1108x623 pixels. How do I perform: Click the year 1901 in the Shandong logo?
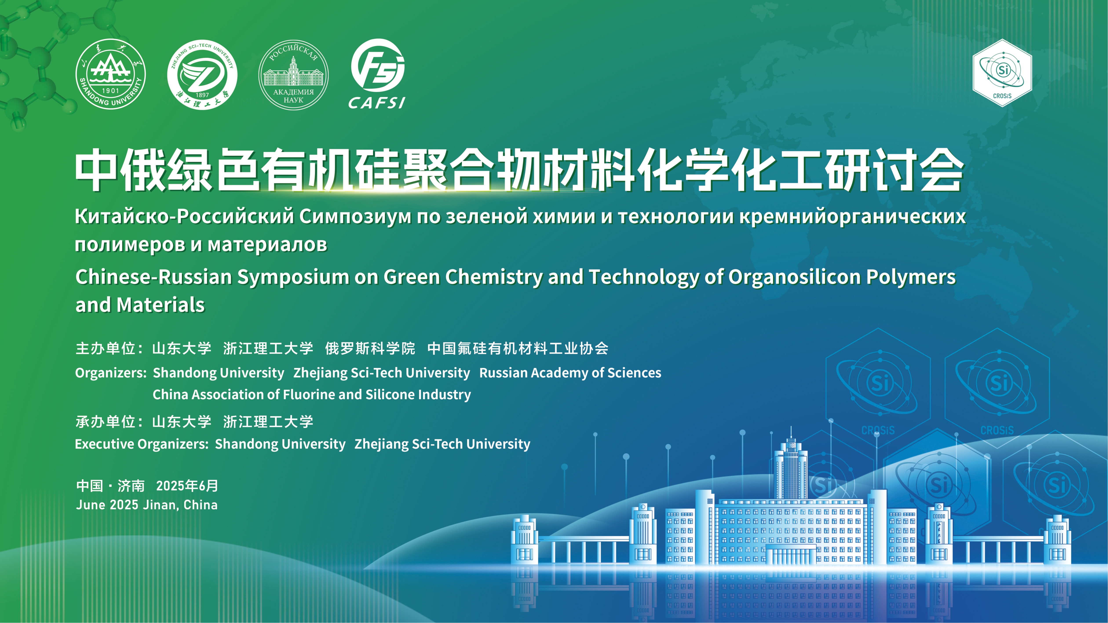coord(111,91)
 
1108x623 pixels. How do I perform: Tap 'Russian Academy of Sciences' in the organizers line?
coord(570,373)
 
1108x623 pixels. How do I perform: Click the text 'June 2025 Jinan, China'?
coord(147,505)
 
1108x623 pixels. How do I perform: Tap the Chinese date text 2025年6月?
coord(187,486)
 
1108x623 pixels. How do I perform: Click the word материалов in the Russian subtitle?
coord(268,245)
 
